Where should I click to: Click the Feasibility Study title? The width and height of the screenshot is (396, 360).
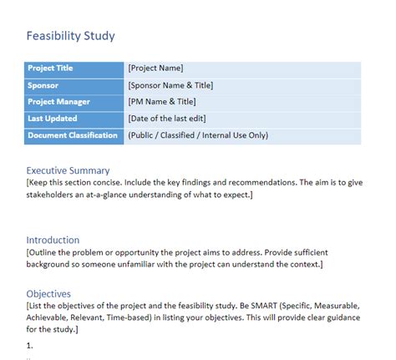(71, 36)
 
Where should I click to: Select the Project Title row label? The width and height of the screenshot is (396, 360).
(57, 68)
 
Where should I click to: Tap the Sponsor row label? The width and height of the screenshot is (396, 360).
(43, 85)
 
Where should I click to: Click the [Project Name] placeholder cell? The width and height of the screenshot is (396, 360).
(156, 68)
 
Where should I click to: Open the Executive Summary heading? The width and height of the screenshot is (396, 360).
(68, 170)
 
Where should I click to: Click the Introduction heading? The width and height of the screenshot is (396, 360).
(53, 240)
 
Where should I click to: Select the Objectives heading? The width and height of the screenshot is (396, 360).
(48, 294)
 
